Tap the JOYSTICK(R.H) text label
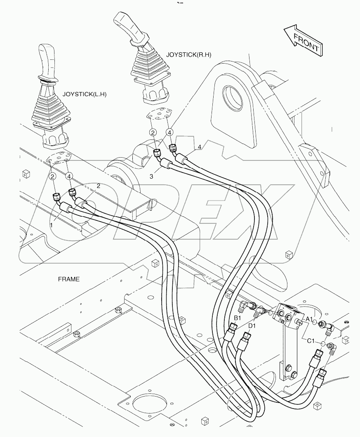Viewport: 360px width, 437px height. point(186,54)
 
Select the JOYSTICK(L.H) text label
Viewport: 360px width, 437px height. point(84,94)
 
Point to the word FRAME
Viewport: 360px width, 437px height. point(68,279)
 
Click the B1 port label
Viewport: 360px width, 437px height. point(238,318)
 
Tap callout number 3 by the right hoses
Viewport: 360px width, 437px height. point(151,176)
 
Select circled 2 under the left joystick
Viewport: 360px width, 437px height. point(52,177)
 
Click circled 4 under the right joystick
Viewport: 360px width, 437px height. point(170,132)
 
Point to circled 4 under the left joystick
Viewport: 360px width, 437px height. point(69,177)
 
